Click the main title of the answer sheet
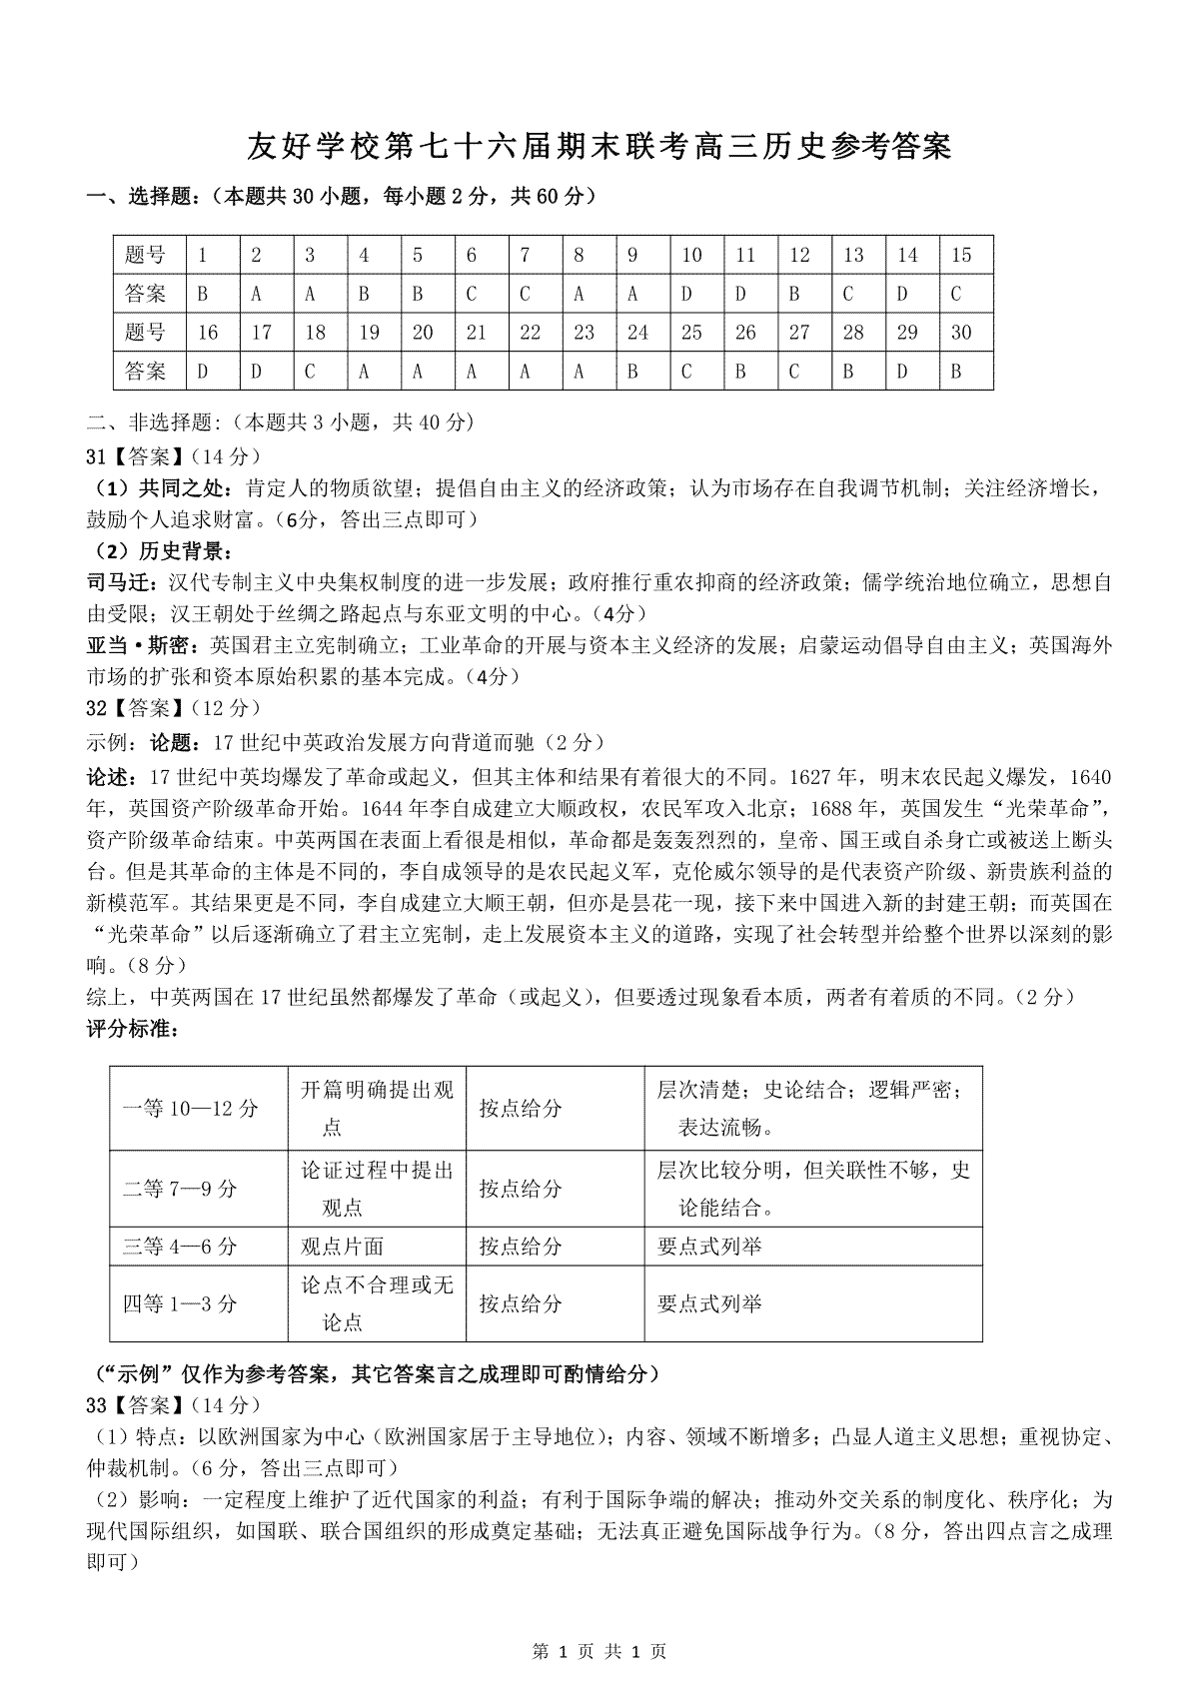599,147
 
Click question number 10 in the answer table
691,256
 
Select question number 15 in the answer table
961,256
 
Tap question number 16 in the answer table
208,333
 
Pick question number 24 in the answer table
637,333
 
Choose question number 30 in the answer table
961,333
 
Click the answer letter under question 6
472,295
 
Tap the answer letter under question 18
310,372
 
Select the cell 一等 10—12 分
190,1109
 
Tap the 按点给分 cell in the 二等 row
521,1189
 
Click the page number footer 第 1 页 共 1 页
599,1652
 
